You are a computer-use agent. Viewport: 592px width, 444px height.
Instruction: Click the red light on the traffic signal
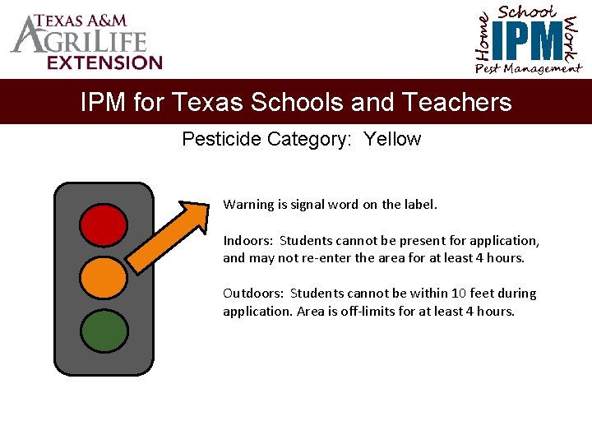pyautogui.click(x=104, y=224)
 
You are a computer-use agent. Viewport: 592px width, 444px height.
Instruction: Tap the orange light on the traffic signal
pyautogui.click(x=104, y=277)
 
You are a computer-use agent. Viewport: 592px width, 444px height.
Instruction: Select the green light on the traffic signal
pyautogui.click(x=104, y=330)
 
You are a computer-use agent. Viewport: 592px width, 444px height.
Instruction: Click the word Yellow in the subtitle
pyautogui.click(x=392, y=139)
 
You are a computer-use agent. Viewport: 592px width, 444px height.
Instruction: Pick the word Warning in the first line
pyautogui.click(x=248, y=204)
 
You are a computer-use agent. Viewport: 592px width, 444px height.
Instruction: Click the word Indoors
pyautogui.click(x=248, y=241)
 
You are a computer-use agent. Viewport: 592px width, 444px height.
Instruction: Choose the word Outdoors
pyautogui.click(x=253, y=294)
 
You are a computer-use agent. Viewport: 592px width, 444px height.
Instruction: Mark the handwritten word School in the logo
pyautogui.click(x=527, y=12)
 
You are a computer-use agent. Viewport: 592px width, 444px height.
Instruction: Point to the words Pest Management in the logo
pyautogui.click(x=528, y=69)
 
